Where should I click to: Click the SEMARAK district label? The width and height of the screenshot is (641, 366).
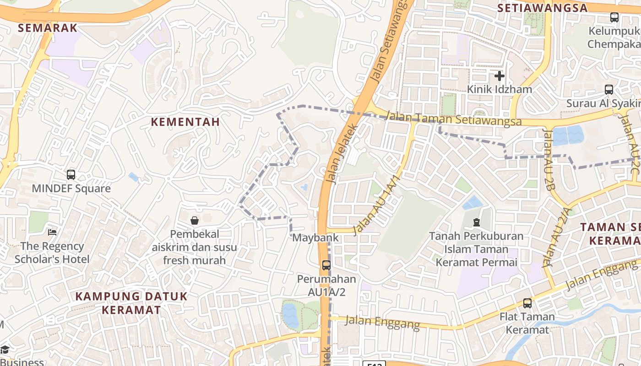tap(48, 28)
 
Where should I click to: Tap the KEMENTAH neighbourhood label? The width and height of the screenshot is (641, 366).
tap(185, 122)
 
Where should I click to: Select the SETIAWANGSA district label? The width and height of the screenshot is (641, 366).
tap(542, 8)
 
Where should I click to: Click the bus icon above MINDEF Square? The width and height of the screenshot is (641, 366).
tap(71, 174)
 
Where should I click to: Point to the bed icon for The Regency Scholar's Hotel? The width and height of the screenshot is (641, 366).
tap(53, 232)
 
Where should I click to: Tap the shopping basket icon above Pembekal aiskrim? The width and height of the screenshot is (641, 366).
tap(195, 221)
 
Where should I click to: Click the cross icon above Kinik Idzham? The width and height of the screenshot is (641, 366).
tap(499, 75)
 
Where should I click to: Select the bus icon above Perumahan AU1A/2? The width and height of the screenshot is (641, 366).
tap(326, 265)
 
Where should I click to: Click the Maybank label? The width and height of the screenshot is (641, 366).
tap(315, 238)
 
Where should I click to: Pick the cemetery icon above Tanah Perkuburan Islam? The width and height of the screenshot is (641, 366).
tap(477, 222)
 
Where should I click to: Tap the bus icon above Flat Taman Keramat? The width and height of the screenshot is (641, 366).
tap(527, 303)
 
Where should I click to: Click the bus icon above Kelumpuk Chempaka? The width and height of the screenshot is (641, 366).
tap(614, 17)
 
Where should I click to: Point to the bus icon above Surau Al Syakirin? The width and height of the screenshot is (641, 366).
tap(608, 90)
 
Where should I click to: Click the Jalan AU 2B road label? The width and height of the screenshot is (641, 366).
tap(549, 158)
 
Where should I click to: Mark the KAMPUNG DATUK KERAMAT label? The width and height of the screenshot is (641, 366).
tap(131, 303)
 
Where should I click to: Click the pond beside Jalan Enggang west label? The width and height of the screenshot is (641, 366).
tap(290, 315)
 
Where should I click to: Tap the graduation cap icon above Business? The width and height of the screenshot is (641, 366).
tap(4, 350)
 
